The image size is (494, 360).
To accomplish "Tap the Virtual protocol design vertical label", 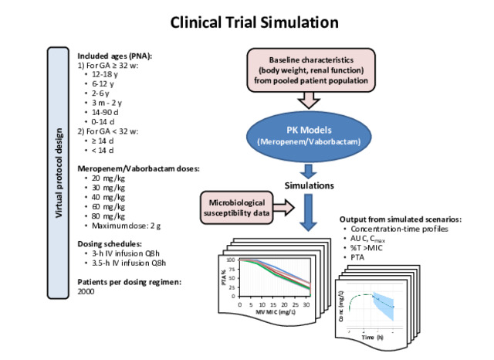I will (x=59, y=172).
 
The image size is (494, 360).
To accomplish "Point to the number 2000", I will (x=88, y=294).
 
